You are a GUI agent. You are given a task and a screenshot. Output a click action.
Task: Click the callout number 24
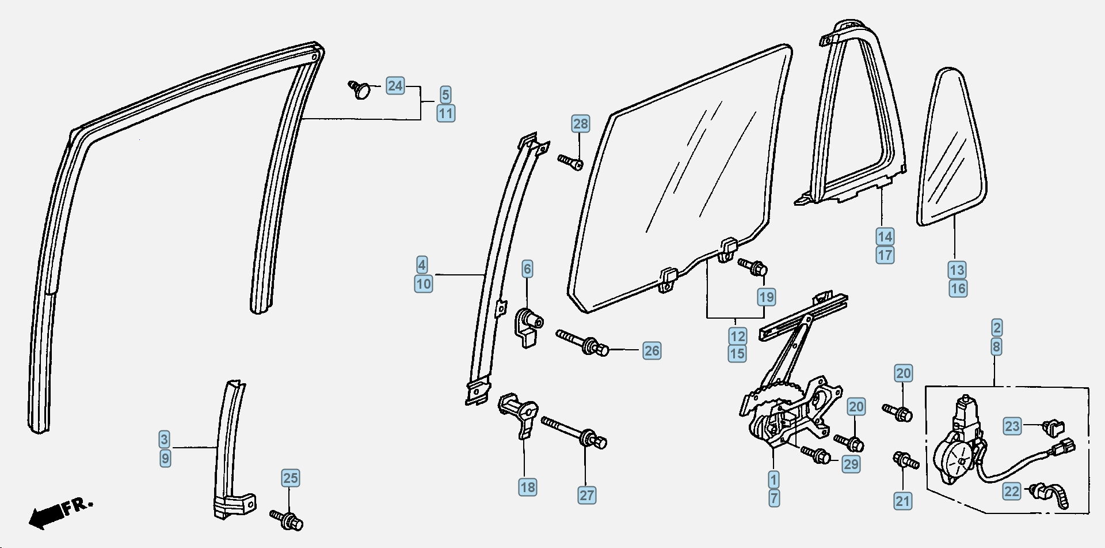395,86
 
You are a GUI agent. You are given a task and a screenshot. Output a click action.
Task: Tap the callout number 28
581,124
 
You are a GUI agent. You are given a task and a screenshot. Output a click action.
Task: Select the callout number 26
651,350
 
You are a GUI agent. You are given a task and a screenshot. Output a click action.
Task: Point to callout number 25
291,478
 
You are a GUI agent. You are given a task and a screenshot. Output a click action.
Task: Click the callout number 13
957,270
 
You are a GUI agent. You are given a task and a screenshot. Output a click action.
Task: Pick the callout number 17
885,255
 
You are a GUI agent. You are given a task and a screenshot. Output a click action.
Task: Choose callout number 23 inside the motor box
1012,426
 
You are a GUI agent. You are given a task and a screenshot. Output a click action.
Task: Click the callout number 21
903,501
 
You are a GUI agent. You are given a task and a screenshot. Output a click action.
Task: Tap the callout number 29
851,464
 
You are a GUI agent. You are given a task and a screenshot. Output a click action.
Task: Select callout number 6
527,269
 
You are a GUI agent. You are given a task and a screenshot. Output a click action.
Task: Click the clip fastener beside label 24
361,89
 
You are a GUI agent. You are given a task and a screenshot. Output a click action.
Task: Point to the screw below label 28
570,162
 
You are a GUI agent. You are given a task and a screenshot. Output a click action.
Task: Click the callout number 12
738,336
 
